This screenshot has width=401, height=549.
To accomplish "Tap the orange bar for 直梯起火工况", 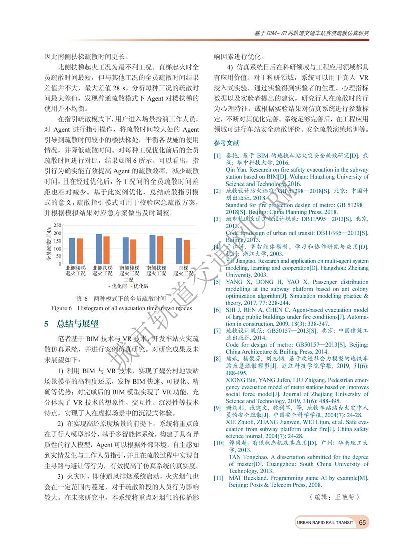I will pos(186,251).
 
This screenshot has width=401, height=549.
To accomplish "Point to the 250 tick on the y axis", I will pos(58,225).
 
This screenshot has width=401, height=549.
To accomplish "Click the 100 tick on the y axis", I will pos(58,248).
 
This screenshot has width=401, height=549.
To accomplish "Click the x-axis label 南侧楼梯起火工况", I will pos(129,274).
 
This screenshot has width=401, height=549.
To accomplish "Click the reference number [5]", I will pos(217,282).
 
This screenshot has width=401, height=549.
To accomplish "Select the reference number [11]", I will pos(218,478).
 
